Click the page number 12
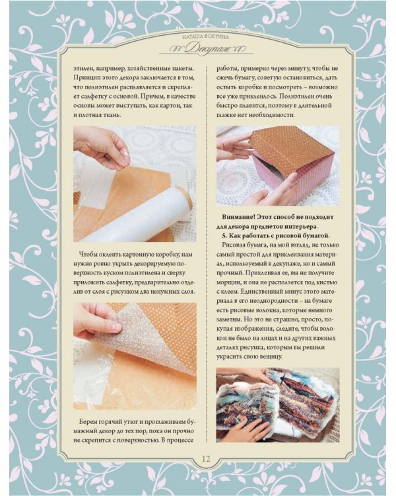tap(206, 459)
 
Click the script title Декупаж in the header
tap(207, 49)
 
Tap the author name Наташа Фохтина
tap(205, 37)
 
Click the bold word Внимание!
tap(240, 218)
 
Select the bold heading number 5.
tap(224, 236)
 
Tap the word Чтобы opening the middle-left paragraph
tap(88, 255)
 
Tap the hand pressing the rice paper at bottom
tap(249, 428)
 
